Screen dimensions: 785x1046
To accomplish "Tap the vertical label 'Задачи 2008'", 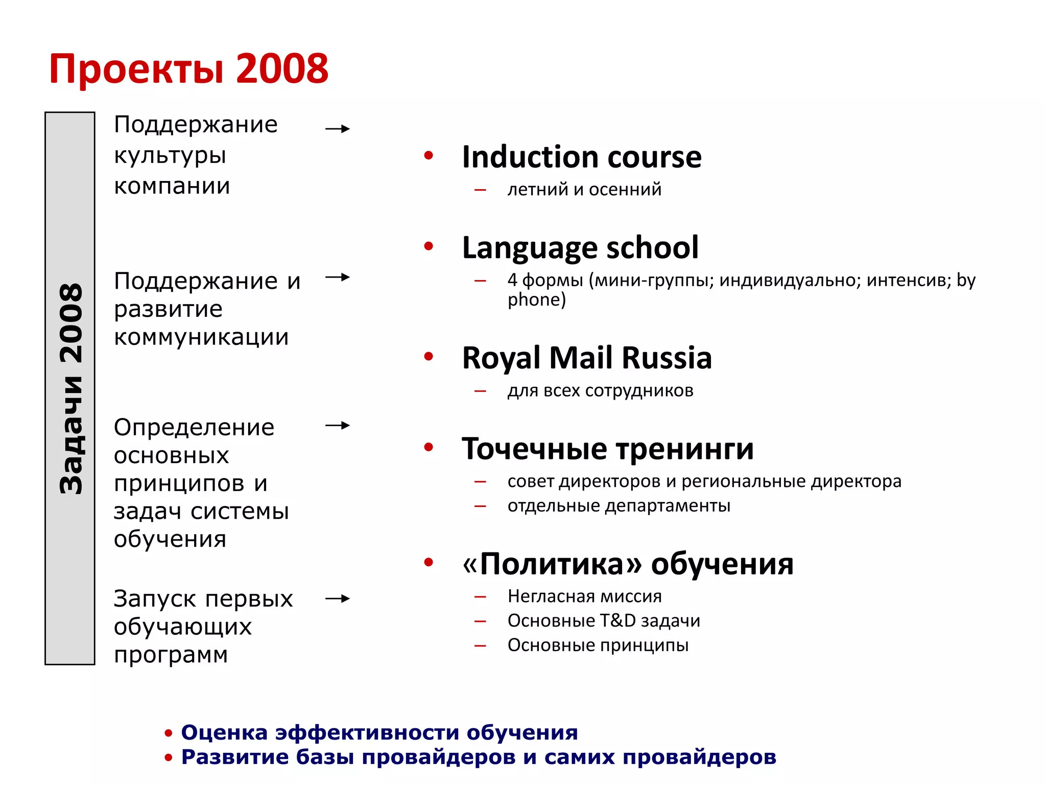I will [x=70, y=388].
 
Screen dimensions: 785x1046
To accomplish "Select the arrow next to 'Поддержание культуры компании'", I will [x=338, y=129].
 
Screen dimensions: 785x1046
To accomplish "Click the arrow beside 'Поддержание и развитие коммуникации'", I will [x=338, y=278].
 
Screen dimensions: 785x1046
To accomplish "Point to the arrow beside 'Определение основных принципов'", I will [x=338, y=425].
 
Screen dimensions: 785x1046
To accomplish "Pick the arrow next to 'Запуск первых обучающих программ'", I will [x=338, y=598].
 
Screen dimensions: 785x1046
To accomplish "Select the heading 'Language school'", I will [x=580, y=248].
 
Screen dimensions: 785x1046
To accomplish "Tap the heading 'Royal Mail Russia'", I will [x=586, y=358].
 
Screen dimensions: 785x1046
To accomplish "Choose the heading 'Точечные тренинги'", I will [x=607, y=449].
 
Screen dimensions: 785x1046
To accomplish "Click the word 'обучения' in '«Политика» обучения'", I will [x=722, y=564].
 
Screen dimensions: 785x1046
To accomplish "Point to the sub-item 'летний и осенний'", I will [x=584, y=190].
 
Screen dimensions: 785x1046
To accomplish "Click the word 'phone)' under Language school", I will [x=536, y=300].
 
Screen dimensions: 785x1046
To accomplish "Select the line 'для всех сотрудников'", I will [x=600, y=391].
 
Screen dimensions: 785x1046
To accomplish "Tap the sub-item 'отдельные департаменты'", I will [x=619, y=506].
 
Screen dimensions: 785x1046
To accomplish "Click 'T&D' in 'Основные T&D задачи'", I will [x=617, y=621].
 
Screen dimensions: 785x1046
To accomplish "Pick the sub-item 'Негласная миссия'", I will [x=584, y=596].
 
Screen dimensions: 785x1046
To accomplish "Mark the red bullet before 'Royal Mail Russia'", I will [x=429, y=356].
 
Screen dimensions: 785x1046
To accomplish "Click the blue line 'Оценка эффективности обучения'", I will [x=379, y=733].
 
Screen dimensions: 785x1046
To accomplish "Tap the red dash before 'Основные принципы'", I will [x=480, y=646].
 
